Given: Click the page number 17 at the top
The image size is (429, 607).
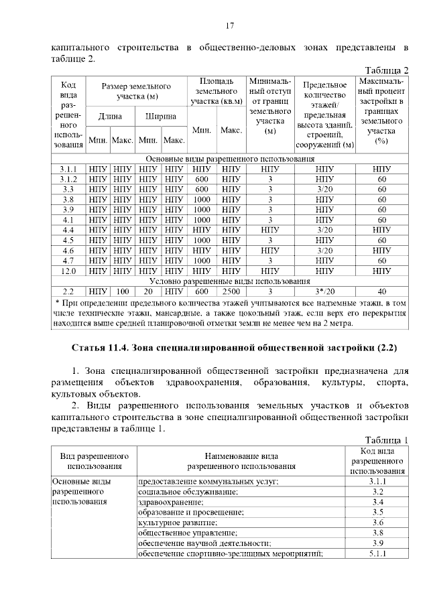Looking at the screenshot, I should (x=229, y=26).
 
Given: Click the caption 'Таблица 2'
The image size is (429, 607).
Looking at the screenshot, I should (x=387, y=70).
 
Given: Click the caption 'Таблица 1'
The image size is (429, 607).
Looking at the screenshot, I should (x=387, y=440).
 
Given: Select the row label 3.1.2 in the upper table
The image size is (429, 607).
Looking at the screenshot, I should (x=68, y=179).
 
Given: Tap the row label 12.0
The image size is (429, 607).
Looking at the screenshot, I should (x=68, y=271).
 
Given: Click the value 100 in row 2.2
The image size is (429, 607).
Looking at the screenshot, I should (x=122, y=291).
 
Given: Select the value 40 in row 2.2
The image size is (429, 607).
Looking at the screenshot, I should (x=382, y=291).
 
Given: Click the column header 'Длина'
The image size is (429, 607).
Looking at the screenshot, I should (x=110, y=117).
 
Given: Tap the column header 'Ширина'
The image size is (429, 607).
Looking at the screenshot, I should (x=161, y=117).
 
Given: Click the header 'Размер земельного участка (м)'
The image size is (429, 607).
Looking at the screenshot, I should (x=136, y=91).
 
